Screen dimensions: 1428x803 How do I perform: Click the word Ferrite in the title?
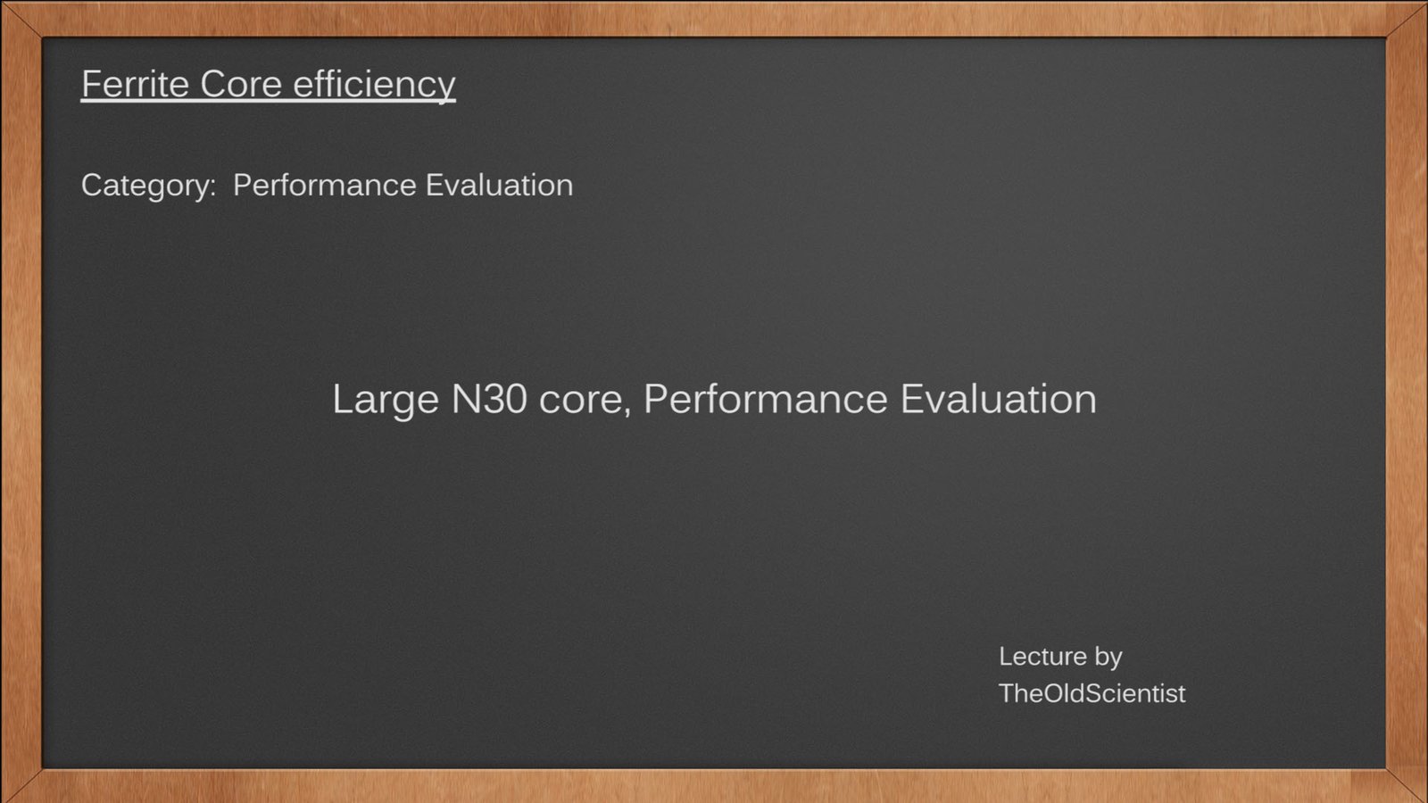click(135, 84)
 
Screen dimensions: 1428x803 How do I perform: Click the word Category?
click(148, 186)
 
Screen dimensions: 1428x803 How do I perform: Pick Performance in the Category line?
click(325, 185)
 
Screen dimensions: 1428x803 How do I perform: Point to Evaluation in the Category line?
click(499, 185)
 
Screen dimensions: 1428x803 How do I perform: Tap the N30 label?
click(489, 399)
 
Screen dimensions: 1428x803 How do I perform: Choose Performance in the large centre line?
click(766, 399)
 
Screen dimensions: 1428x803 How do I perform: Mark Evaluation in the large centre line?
click(999, 399)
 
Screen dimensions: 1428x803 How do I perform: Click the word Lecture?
click(1042, 657)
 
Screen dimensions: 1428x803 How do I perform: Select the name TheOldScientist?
click(1092, 693)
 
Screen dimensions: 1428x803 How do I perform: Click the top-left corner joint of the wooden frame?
click(21, 19)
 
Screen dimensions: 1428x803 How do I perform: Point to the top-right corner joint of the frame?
click(1407, 19)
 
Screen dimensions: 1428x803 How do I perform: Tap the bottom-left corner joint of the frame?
click(21, 785)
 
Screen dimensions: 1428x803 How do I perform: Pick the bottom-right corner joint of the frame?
click(1407, 785)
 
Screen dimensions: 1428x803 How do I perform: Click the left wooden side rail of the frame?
click(21, 401)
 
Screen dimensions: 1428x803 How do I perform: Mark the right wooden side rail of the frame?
click(1407, 401)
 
